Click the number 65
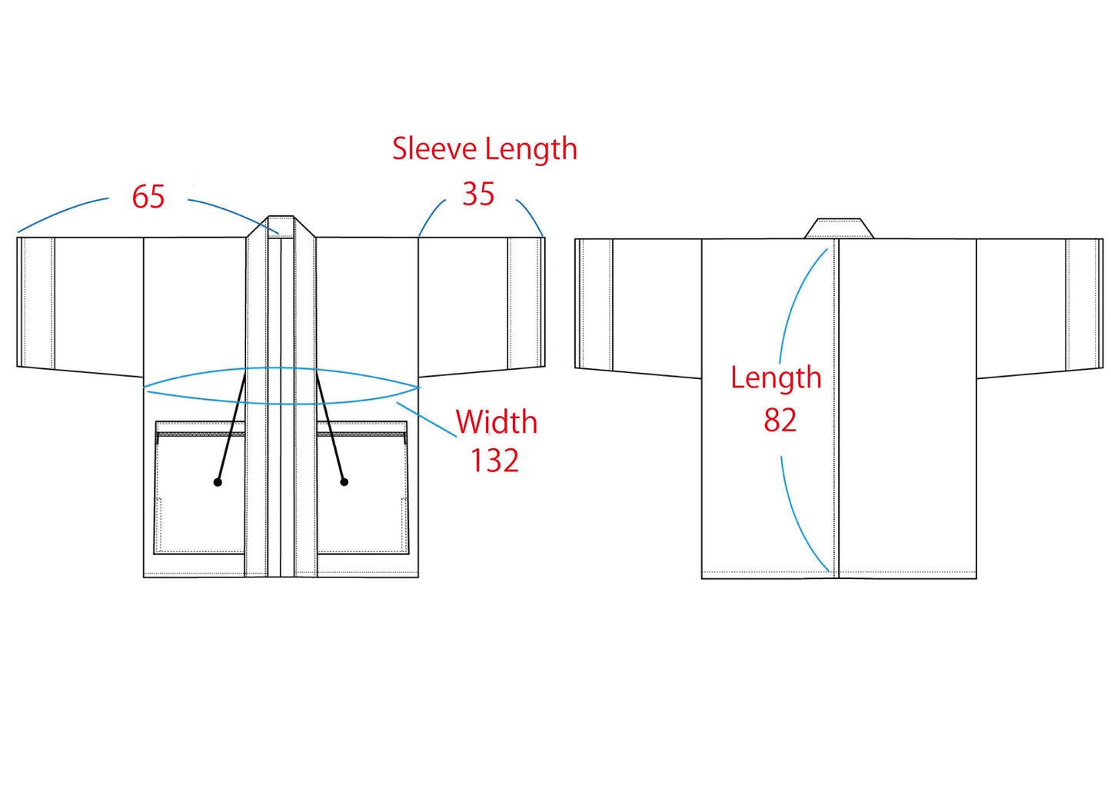[148, 197]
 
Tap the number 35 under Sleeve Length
[477, 195]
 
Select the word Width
[496, 422]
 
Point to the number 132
[494, 461]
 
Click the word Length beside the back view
[776, 378]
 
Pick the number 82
[780, 421]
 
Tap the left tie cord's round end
[218, 482]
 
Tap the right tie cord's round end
[344, 482]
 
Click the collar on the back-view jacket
[839, 228]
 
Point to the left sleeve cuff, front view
[35, 302]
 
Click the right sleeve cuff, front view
[527, 302]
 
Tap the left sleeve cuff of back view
[594, 304]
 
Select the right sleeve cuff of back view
[1084, 304]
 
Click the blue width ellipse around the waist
[281, 403]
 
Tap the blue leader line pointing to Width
[427, 420]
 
